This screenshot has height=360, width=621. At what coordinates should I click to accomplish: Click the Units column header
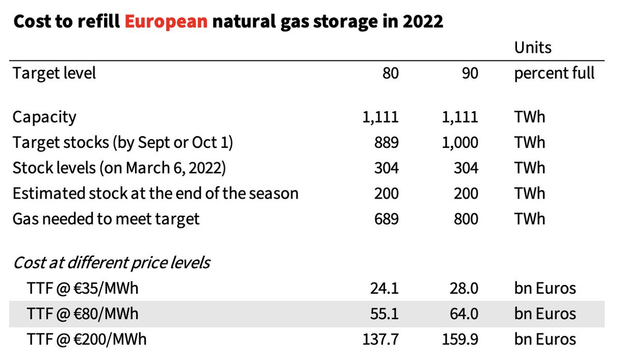[x=533, y=48]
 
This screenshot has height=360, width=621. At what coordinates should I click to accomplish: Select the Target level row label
[x=54, y=73]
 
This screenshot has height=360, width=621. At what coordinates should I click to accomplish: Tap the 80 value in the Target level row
[x=391, y=73]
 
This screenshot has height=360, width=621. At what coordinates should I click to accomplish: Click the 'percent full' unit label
[x=554, y=73]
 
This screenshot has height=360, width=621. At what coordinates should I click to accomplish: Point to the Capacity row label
[x=45, y=117]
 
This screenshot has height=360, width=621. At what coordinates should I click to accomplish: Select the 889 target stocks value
[x=387, y=142]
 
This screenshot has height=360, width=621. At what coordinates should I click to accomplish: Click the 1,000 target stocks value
[x=461, y=142]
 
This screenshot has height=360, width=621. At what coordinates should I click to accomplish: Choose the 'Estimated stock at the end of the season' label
[x=155, y=193]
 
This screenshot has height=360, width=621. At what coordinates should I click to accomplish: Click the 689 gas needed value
[x=387, y=219]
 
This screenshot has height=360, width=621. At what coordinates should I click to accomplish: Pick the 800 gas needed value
[x=466, y=219]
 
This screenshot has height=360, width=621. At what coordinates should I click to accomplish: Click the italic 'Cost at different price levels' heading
[x=111, y=262]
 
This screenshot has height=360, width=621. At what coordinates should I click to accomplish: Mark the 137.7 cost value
[x=381, y=339]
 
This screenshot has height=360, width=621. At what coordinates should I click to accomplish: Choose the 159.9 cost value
[x=461, y=339]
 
